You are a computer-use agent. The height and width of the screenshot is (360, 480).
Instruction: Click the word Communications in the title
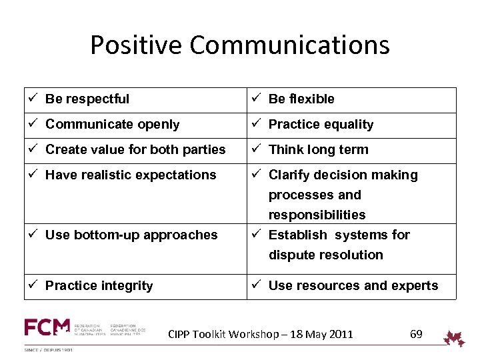289,46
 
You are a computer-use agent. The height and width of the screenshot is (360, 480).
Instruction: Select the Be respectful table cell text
87,99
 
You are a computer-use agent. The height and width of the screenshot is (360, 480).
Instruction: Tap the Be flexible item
301,99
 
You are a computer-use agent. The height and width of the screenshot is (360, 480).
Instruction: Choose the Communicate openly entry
112,125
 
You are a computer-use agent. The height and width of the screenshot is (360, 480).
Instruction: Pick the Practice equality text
321,125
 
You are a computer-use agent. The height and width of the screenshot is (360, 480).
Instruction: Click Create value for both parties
135,150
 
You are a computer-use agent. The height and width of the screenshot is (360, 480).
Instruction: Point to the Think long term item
318,150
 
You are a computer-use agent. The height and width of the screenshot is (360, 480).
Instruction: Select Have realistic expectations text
131,175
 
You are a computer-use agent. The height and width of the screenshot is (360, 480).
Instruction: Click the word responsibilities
317,215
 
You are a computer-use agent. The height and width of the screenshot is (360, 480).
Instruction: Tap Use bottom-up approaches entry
131,235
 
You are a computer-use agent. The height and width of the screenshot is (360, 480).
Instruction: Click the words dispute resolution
325,255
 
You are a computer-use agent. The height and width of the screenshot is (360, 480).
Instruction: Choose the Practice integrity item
99,286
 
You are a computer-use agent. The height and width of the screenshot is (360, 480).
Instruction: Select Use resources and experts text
353,286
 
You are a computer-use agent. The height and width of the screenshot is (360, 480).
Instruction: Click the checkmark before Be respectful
32,99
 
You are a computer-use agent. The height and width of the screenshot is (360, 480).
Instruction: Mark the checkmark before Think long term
255,149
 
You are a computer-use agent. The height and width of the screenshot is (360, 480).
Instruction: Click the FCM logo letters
47,327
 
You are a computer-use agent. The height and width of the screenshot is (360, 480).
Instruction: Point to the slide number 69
416,334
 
